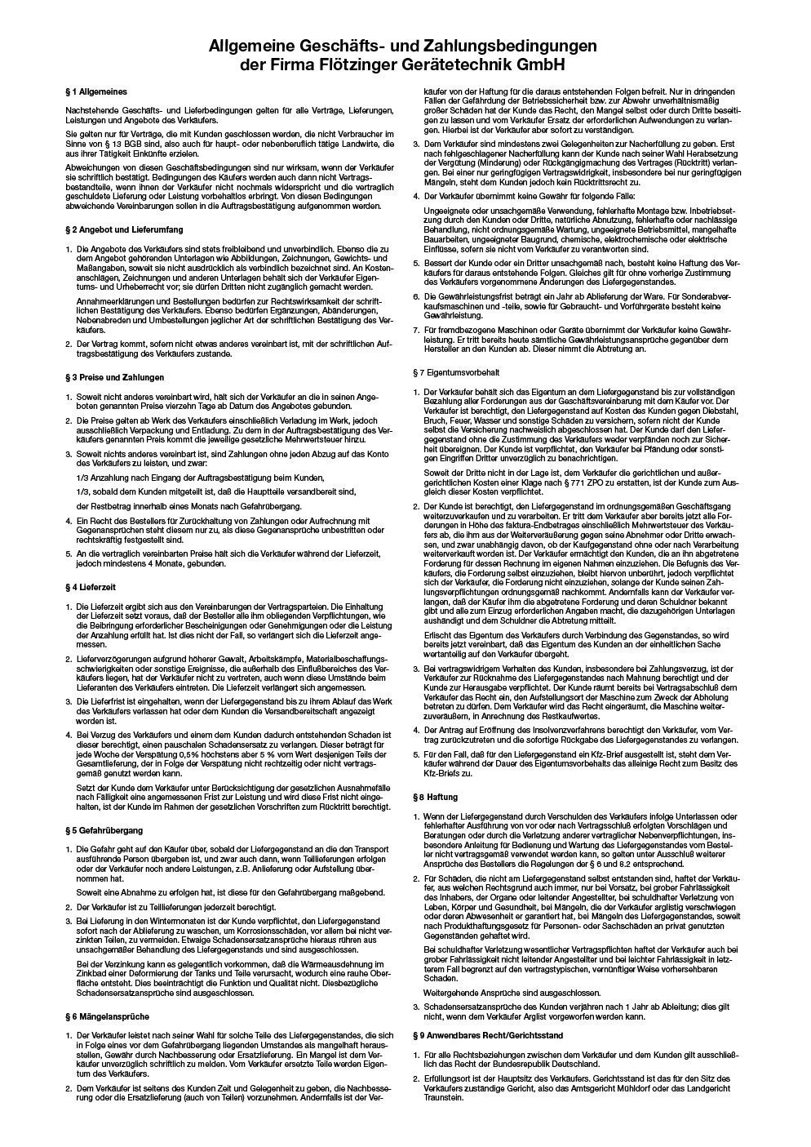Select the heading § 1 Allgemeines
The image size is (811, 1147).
(96, 92)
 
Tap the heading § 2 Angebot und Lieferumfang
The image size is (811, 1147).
(124, 230)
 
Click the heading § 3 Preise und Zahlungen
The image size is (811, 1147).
(114, 377)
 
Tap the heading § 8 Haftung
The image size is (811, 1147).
(436, 796)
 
